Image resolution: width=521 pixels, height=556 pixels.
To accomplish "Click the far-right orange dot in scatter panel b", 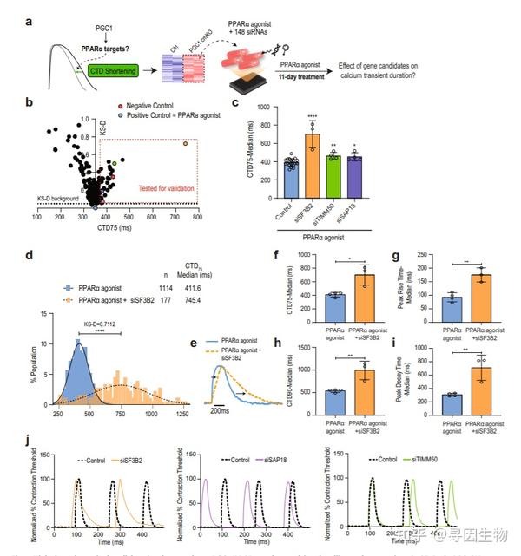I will [x=184, y=143].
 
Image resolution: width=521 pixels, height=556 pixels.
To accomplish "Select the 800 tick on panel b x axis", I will [x=197, y=217].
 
